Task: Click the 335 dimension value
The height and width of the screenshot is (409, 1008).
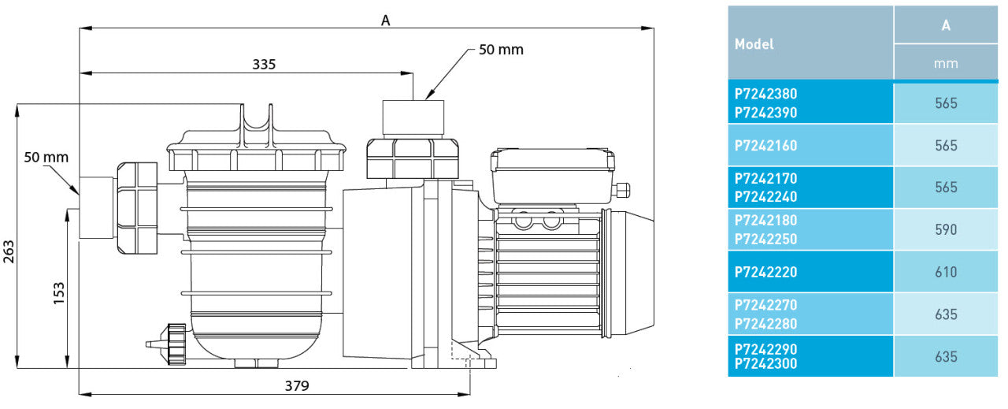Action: coord(264,65)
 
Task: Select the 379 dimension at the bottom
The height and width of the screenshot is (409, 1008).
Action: coord(297,385)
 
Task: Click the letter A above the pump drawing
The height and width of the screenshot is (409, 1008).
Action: coord(385,21)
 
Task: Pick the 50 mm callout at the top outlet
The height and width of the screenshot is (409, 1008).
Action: coord(501,50)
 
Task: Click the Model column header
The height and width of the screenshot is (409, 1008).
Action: coord(754,44)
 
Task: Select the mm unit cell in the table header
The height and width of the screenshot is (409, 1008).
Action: coord(945,63)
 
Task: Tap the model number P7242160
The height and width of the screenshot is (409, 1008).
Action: coord(765,146)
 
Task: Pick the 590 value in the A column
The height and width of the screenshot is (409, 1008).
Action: coord(945,230)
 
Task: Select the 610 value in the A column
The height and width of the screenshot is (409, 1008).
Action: coord(945,273)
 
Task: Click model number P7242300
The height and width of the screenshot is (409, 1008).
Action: coord(765,364)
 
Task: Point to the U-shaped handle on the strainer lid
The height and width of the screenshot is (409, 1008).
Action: coord(258,125)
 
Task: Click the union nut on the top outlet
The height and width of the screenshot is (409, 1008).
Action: coord(412,158)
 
